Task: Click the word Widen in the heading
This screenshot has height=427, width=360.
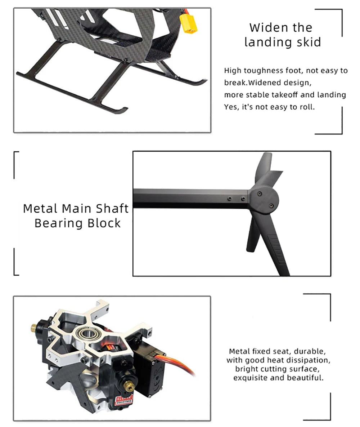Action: click(266, 27)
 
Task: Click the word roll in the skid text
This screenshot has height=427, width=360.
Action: click(307, 107)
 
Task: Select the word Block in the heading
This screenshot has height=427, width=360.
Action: click(104, 223)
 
